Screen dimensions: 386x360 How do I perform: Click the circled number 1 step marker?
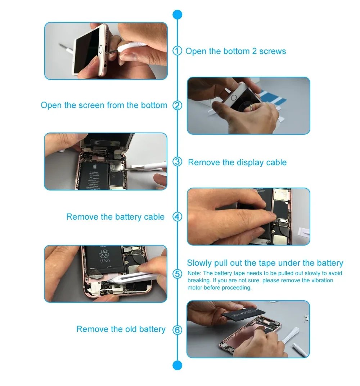(177, 51)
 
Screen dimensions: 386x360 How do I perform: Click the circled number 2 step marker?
(177, 106)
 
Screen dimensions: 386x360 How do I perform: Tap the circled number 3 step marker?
(177, 162)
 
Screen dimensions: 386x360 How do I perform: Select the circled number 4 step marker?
(177, 217)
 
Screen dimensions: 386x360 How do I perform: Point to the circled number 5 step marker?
(177, 274)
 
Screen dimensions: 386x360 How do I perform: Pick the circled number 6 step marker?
(177, 329)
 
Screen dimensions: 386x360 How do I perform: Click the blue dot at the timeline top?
(177, 14)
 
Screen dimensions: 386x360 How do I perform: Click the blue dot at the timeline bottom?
(177, 365)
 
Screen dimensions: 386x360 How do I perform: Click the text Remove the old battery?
(121, 329)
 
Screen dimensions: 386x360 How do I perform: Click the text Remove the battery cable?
(115, 217)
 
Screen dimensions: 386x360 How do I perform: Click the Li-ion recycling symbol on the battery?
(104, 255)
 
